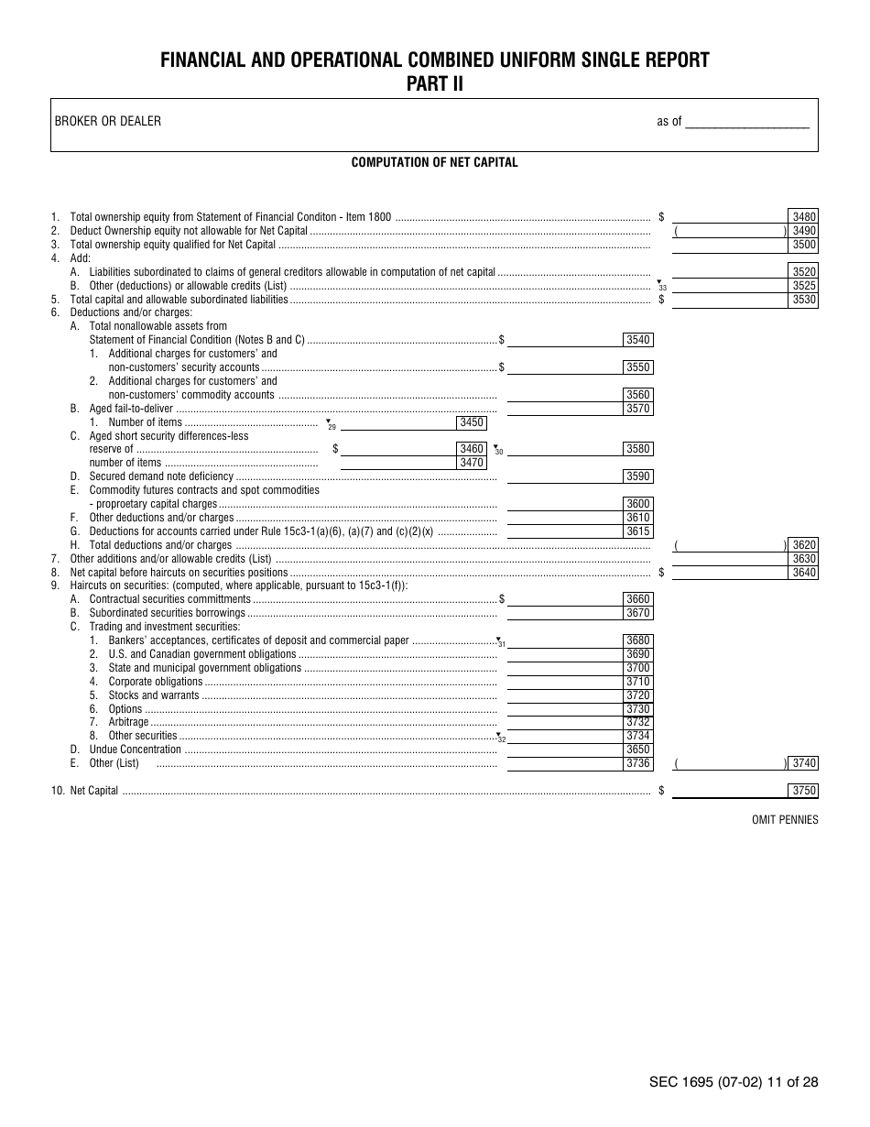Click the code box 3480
tap(803, 217)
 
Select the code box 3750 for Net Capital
tap(803, 791)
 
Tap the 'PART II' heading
tap(434, 84)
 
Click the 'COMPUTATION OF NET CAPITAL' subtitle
tap(434, 162)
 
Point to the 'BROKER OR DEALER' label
tap(108, 121)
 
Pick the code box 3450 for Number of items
tap(471, 422)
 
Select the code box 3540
tap(637, 340)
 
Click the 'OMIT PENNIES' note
tap(785, 820)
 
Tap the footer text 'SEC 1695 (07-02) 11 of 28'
tap(734, 1082)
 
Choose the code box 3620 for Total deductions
tap(803, 545)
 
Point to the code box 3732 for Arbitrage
tap(637, 722)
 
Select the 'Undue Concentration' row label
tap(136, 750)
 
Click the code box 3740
tap(803, 763)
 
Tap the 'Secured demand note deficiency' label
tap(161, 476)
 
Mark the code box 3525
tap(803, 286)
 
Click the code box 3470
tap(471, 463)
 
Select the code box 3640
tap(803, 573)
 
